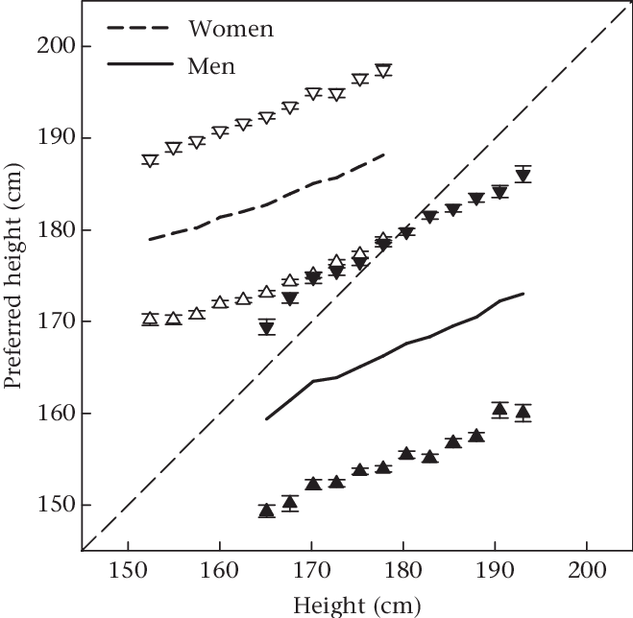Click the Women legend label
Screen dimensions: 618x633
tap(231, 29)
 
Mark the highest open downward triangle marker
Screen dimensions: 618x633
tap(383, 71)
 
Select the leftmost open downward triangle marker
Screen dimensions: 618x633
tap(150, 161)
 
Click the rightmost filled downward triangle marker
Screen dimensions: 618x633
tap(523, 176)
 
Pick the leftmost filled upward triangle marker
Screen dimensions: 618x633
tap(267, 510)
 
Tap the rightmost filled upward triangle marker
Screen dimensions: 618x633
tap(523, 413)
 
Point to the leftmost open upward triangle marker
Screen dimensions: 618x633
tap(150, 319)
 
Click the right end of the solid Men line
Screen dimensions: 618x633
tap(523, 294)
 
